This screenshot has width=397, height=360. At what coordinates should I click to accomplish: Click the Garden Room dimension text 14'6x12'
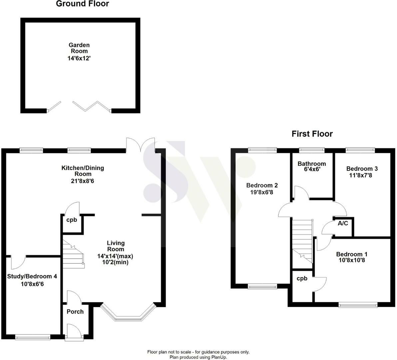[x=79, y=58]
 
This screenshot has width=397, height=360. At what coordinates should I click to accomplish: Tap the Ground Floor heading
[x=82, y=4]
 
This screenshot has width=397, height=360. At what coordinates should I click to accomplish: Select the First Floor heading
[x=312, y=134]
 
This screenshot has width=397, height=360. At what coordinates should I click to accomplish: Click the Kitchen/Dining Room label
[x=83, y=171]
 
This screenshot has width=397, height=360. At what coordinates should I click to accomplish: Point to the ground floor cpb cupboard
[x=72, y=223]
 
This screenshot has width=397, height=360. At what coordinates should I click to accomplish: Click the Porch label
[x=75, y=312]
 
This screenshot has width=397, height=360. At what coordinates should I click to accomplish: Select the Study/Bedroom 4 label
[x=32, y=276]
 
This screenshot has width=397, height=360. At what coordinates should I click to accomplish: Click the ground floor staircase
[x=73, y=254]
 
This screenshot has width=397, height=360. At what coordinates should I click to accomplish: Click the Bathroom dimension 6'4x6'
[x=312, y=169]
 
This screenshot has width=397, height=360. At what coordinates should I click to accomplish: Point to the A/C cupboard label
[x=343, y=223]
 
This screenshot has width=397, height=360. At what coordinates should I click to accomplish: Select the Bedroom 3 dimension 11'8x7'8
[x=361, y=175]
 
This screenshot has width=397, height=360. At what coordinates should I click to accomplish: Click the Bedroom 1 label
[x=352, y=254]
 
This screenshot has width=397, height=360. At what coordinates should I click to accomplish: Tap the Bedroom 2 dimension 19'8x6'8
[x=262, y=192]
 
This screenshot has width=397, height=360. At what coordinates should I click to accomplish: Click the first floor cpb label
[x=302, y=278]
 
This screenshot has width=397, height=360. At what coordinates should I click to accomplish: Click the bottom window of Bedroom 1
[x=358, y=305]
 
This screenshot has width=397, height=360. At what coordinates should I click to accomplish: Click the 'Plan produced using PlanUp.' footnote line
[x=198, y=357]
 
